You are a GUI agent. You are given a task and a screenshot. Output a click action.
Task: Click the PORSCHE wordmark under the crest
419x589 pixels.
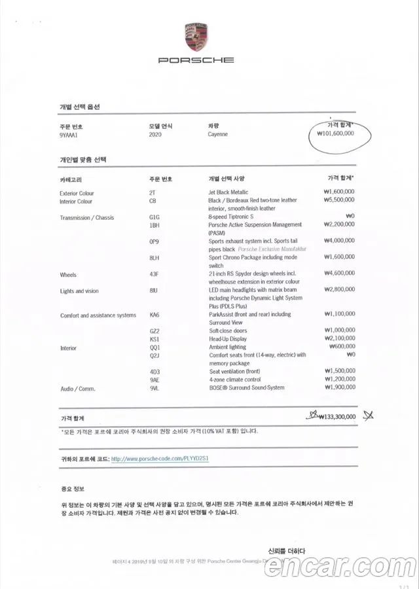pos(196,60)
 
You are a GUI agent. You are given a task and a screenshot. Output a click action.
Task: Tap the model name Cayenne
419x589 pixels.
pos(218,134)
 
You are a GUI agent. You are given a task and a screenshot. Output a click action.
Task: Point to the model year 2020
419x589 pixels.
pos(156,134)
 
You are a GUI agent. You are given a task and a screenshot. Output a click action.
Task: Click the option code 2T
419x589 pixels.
pos(153,192)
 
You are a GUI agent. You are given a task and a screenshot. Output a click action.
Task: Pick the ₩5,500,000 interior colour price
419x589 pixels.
pos(339,200)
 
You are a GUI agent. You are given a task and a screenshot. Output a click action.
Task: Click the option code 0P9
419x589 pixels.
pos(155,241)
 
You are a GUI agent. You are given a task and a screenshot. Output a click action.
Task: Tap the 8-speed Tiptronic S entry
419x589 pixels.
pos(230,217)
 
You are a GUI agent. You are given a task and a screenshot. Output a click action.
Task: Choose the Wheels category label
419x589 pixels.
pos(68,275)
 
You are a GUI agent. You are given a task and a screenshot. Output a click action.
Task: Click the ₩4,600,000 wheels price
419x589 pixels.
pos(339,274)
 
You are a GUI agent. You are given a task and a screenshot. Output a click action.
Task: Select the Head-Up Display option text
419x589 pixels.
pos(228,340)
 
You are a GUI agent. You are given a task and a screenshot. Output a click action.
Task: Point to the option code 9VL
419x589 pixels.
pos(155,388)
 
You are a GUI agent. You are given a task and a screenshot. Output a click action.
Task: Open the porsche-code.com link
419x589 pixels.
pos(160,459)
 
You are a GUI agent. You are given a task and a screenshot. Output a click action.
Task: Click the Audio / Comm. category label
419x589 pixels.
pos(77,389)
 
